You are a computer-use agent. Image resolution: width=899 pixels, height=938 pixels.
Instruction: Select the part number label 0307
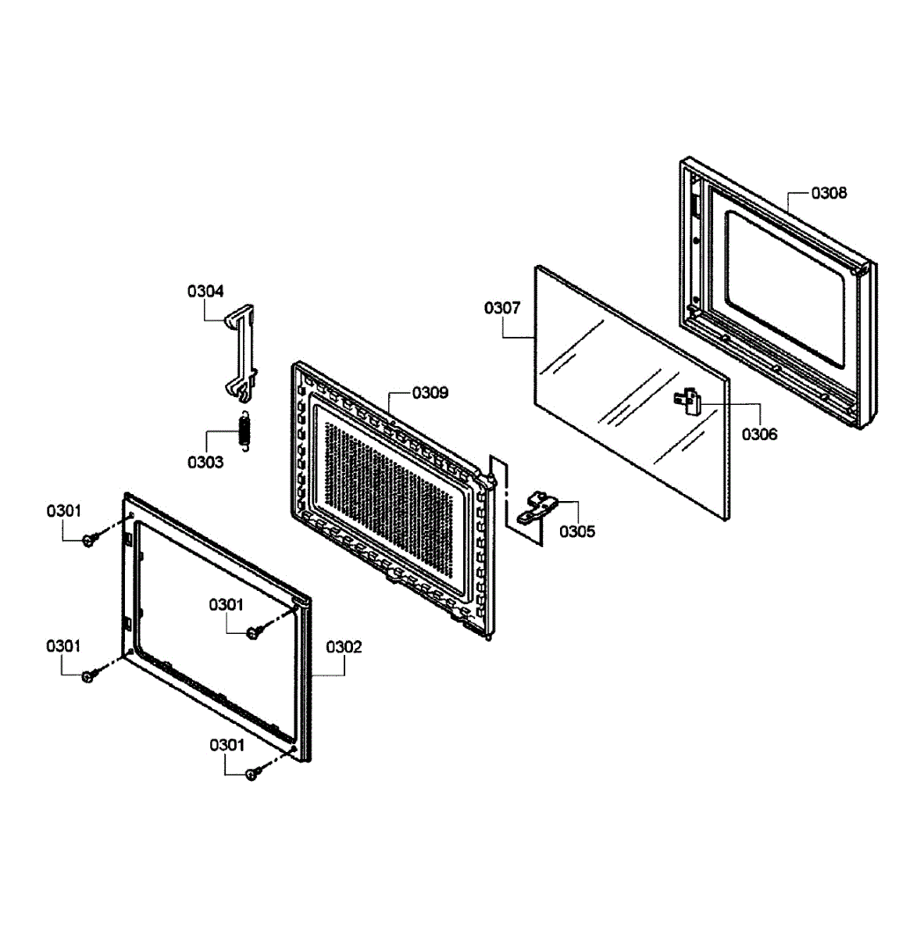(502, 307)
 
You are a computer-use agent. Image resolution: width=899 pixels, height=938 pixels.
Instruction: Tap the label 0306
(759, 435)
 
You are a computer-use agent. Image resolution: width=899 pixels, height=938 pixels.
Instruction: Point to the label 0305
(577, 532)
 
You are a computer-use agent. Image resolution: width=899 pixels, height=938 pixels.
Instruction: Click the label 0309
(430, 393)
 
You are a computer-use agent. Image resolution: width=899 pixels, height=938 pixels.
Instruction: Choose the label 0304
(205, 291)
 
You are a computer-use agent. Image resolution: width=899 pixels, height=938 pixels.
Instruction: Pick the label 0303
(205, 462)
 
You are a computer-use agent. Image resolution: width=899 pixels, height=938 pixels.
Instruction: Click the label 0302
(344, 646)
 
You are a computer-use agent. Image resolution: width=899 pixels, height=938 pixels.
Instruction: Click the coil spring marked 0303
(245, 431)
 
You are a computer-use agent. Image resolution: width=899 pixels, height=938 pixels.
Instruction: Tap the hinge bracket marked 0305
(537, 507)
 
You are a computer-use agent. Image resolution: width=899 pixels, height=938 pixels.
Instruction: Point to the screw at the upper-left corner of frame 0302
(90, 539)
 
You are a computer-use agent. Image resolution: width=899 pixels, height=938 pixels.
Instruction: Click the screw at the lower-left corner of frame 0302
(89, 675)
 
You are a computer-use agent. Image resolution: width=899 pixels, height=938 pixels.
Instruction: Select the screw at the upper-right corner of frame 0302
(253, 633)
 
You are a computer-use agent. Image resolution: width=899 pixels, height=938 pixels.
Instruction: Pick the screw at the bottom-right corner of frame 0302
(252, 774)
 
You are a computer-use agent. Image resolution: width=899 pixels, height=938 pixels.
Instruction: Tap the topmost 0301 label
(64, 510)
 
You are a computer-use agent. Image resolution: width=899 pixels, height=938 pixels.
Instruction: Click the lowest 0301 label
(227, 745)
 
